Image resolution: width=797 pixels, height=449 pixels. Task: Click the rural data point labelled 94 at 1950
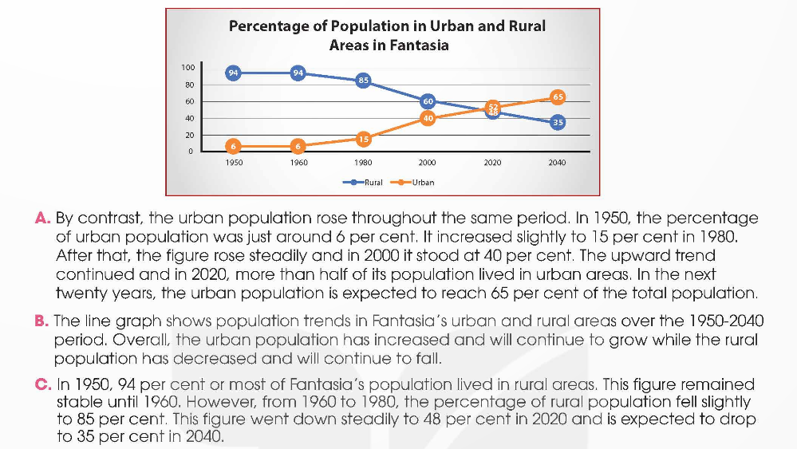tap(233, 73)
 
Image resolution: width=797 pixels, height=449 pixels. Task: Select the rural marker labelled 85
tap(363, 80)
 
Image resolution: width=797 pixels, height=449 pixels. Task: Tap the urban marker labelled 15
tap(363, 139)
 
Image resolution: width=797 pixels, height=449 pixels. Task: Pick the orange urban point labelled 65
tap(558, 96)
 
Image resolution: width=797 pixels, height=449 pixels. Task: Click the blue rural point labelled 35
tap(558, 122)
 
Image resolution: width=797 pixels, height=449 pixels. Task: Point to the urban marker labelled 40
tap(428, 118)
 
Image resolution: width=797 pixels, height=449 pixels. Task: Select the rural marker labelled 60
tap(428, 101)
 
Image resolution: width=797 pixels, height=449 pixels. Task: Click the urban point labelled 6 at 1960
tap(298, 146)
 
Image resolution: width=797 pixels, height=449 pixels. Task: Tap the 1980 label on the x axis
tap(363, 163)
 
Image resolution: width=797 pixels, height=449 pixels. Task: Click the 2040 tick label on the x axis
tap(558, 163)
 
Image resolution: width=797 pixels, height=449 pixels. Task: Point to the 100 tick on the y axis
tap(187, 68)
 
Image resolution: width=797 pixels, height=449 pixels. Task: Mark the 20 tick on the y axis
tap(189, 135)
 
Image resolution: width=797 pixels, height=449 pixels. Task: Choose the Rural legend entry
tap(373, 182)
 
